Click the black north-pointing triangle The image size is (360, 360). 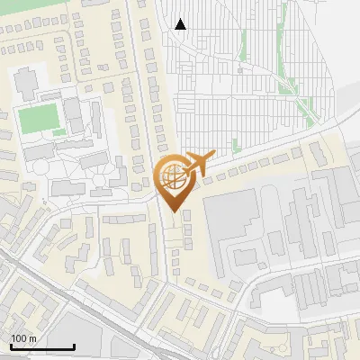click(180, 24)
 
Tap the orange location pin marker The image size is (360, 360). click(172, 183)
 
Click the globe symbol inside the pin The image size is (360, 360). click(171, 177)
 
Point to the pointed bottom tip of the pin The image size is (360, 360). click(172, 211)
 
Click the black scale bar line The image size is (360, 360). click(42, 346)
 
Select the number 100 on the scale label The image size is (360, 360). click(19, 338)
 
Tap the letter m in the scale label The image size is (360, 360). click(32, 338)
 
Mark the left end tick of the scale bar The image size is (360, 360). click(11, 346)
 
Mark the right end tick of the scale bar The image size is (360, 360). click(74, 346)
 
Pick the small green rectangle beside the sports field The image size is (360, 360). click(59, 131)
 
